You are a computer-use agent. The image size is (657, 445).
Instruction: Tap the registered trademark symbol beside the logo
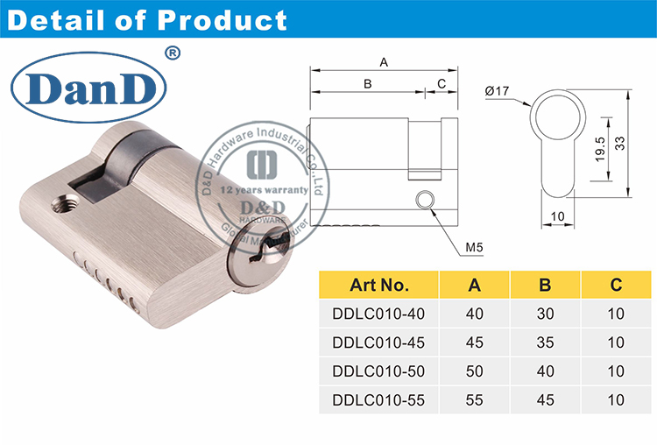click(x=173, y=53)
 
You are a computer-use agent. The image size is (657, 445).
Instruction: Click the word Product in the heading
click(x=225, y=20)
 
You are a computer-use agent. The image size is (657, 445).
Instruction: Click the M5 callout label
click(x=475, y=247)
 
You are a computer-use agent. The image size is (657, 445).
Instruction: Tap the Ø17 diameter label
click(x=498, y=90)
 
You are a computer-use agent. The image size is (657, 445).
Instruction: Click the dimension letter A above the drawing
click(x=383, y=61)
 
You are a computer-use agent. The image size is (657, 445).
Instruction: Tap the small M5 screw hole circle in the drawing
click(x=425, y=199)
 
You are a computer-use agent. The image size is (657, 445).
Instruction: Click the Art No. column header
click(x=379, y=285)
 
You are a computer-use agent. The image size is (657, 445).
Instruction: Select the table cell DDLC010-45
click(x=379, y=342)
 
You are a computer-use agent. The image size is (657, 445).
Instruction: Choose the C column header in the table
click(x=616, y=285)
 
